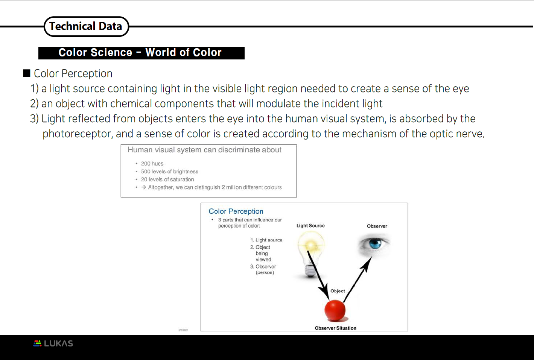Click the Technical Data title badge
[86, 26]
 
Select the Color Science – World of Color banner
[141, 53]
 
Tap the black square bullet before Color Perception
[26, 73]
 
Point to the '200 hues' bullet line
[152, 164]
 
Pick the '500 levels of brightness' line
[169, 172]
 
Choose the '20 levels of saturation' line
[167, 179]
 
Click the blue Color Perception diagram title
[236, 211]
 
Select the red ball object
[335, 310]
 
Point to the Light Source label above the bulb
[310, 226]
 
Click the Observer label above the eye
[377, 226]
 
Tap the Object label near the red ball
[338, 291]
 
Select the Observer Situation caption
[335, 328]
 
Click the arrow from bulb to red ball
[318, 275]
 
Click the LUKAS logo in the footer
[53, 343]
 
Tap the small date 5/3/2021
[183, 330]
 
